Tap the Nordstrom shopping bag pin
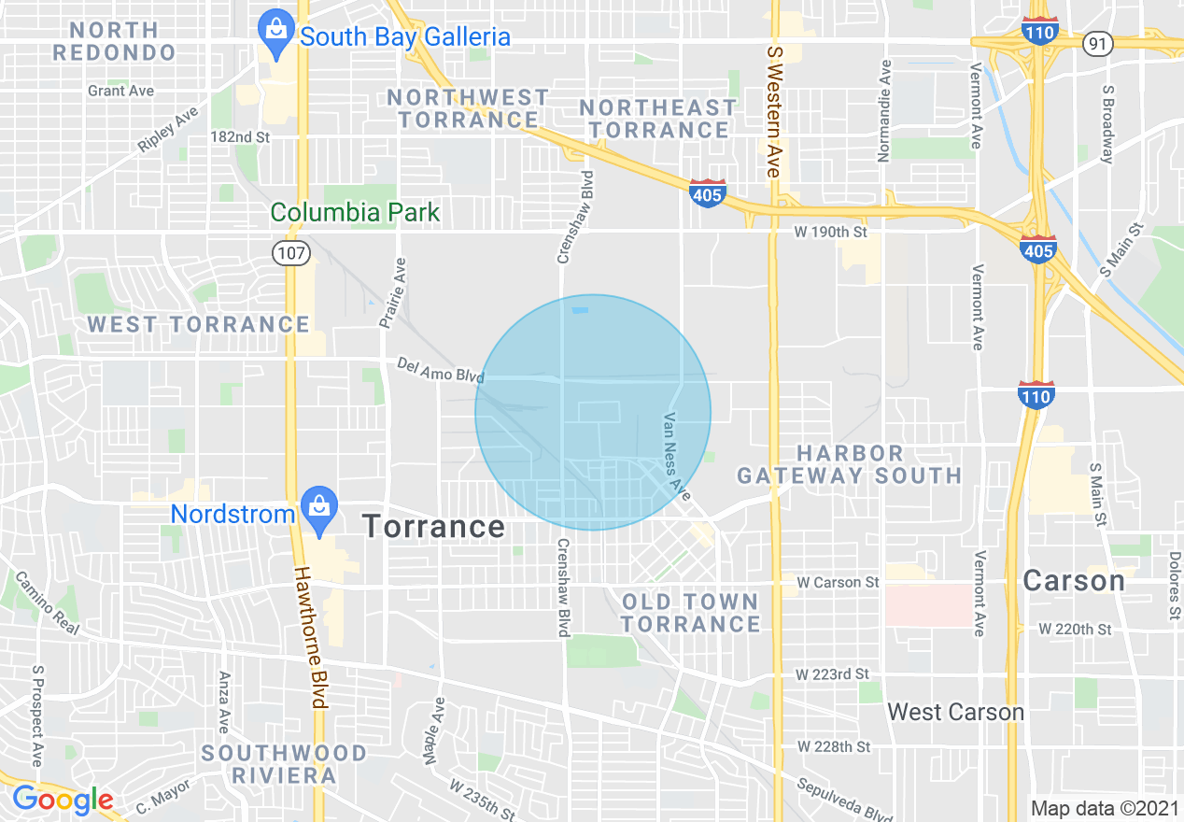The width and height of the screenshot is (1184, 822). (x=319, y=510)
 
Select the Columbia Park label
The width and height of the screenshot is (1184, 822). (x=355, y=212)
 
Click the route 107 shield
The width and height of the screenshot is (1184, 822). (x=291, y=254)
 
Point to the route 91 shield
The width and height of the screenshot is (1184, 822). (x=1098, y=43)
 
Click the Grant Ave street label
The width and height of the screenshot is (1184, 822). (x=120, y=91)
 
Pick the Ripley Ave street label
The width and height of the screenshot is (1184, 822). (x=168, y=130)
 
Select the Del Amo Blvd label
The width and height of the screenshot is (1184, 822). (x=440, y=369)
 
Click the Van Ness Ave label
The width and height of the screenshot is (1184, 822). (x=678, y=456)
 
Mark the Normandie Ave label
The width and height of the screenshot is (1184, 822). (x=885, y=110)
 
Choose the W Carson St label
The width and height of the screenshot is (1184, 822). (x=838, y=582)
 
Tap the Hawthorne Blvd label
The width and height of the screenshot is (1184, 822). (x=310, y=638)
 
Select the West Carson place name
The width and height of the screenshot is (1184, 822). (x=955, y=712)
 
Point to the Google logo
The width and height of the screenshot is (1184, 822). (x=63, y=800)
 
